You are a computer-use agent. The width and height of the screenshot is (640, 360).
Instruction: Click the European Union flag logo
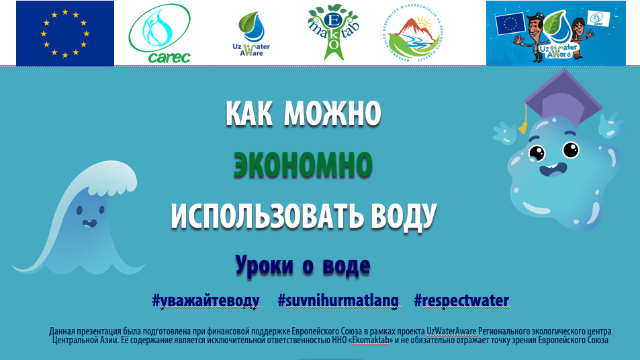(64, 34)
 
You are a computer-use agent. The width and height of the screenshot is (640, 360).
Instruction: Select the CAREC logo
(159, 34)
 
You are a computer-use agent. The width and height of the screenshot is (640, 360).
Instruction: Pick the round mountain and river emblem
(412, 34)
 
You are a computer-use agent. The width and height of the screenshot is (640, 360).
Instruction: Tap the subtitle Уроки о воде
(302, 266)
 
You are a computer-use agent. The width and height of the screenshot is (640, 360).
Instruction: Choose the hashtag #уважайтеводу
(205, 300)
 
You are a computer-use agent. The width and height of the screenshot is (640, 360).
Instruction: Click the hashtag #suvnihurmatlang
(338, 300)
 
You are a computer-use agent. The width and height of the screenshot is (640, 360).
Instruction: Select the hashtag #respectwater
(461, 300)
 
